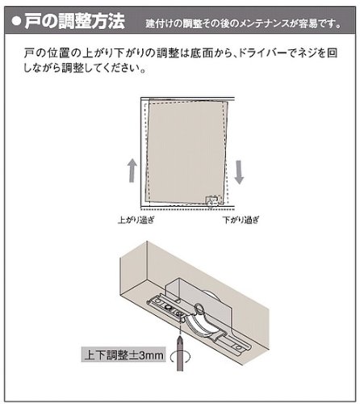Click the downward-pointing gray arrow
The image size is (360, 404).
click(240, 171)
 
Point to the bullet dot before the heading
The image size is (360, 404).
click(15, 19)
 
